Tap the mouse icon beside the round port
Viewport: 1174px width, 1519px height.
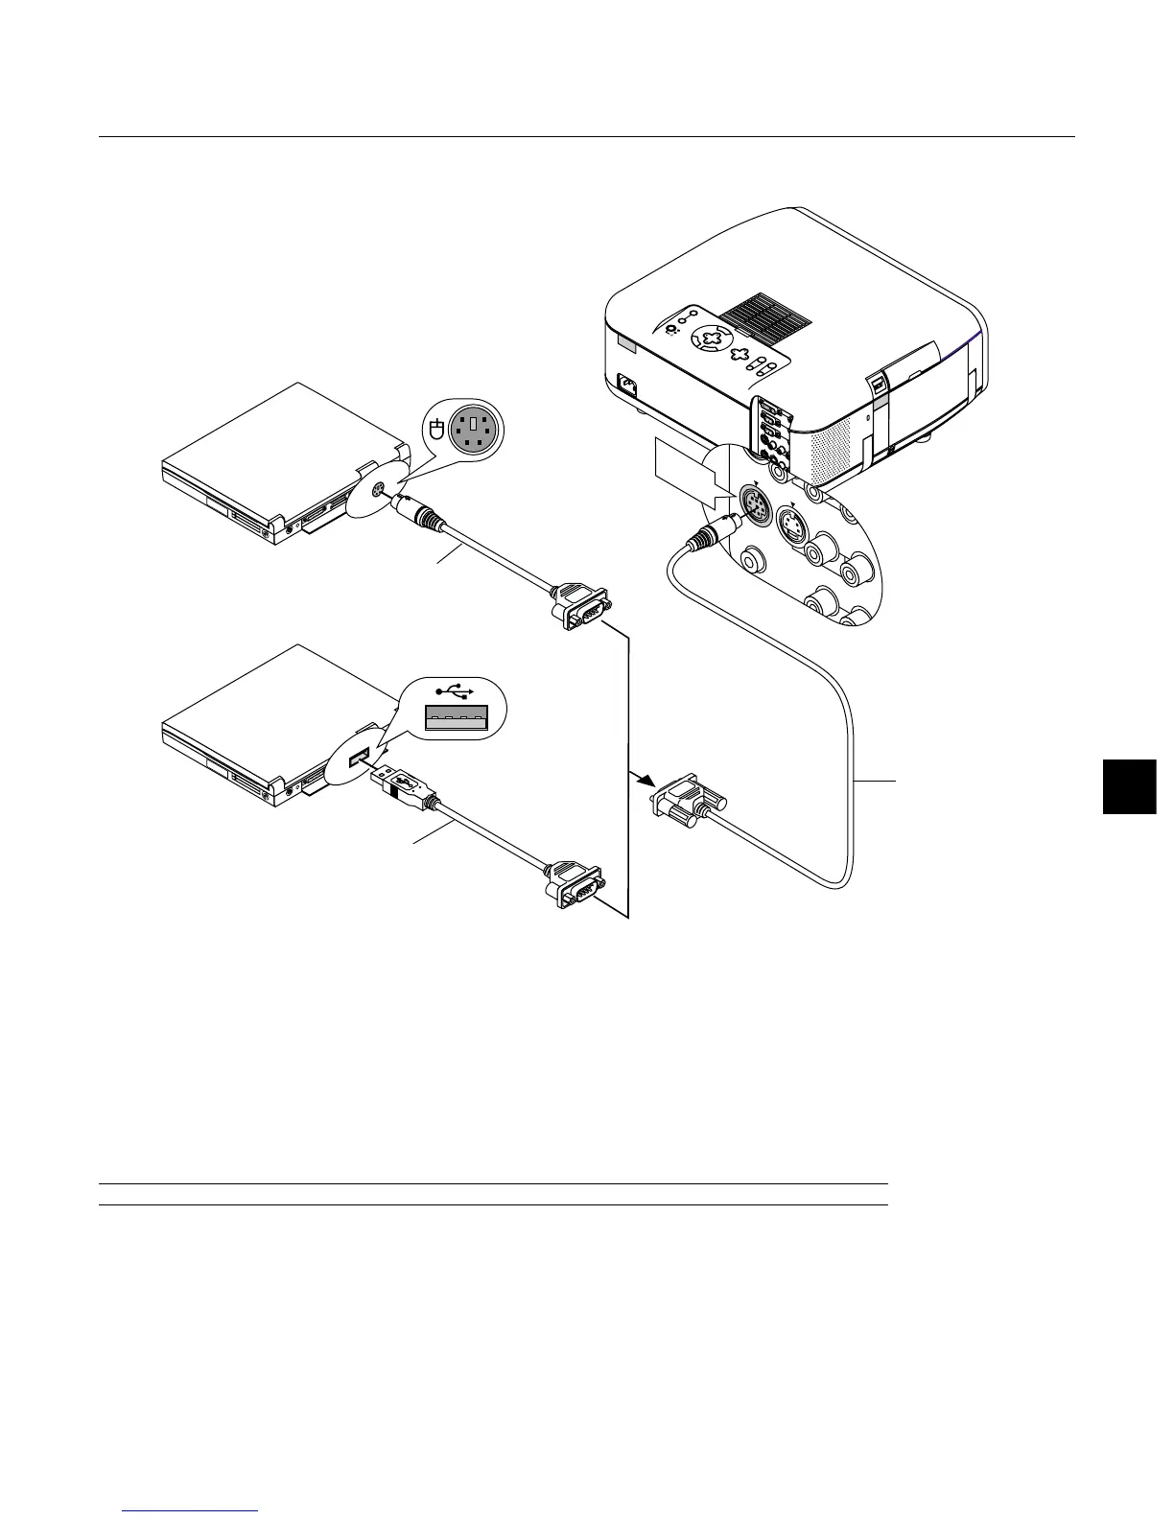[x=436, y=431]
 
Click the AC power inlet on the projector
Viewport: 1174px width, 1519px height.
[x=627, y=386]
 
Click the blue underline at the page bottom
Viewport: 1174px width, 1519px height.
[x=192, y=1511]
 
